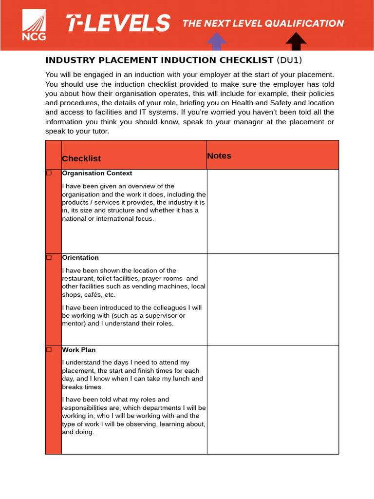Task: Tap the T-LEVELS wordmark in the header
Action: tap(118, 23)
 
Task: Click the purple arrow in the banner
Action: tap(217, 41)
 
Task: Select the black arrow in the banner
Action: tap(296, 41)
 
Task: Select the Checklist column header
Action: tap(81, 158)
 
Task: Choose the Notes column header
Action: tap(219, 156)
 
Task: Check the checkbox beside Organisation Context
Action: tap(49, 173)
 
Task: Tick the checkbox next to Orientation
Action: tap(49, 257)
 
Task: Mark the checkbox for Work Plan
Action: tap(49, 349)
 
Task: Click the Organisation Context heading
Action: tap(97, 173)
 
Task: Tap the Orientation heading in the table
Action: tap(80, 257)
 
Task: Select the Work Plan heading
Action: tap(79, 349)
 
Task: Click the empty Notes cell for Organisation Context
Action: tap(272, 211)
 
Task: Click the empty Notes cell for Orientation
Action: tap(272, 299)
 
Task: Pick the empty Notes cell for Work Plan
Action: tap(272, 400)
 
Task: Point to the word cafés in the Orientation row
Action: tap(92, 295)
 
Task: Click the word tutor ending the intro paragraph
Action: tap(99, 131)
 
